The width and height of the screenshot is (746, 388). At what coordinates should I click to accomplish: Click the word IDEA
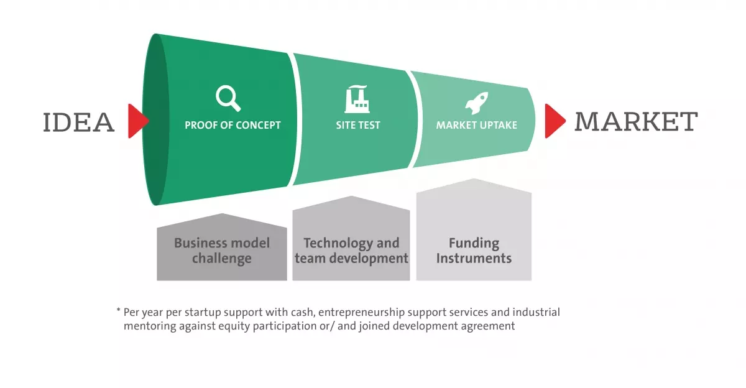click(x=79, y=122)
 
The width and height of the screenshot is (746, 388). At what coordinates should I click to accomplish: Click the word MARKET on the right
click(x=635, y=121)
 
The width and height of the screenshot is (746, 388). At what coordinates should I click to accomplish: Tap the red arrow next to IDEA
click(x=137, y=121)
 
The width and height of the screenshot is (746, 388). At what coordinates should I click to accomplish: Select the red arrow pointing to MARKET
click(x=554, y=121)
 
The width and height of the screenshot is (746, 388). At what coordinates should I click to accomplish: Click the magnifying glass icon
click(x=228, y=99)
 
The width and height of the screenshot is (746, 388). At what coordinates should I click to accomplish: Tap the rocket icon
click(x=476, y=103)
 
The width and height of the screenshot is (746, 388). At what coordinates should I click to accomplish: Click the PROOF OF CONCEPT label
click(x=233, y=125)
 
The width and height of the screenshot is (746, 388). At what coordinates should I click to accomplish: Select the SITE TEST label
click(x=358, y=125)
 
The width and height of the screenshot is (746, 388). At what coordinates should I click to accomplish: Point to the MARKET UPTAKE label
click(x=476, y=125)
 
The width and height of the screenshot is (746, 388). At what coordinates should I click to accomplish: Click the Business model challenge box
click(x=222, y=249)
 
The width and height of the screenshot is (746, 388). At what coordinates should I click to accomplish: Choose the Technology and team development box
click(x=351, y=246)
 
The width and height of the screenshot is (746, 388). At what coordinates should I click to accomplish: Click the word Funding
click(x=474, y=242)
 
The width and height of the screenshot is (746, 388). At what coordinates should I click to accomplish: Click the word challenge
click(x=222, y=258)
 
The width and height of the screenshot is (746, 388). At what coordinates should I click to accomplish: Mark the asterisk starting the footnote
click(x=118, y=310)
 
